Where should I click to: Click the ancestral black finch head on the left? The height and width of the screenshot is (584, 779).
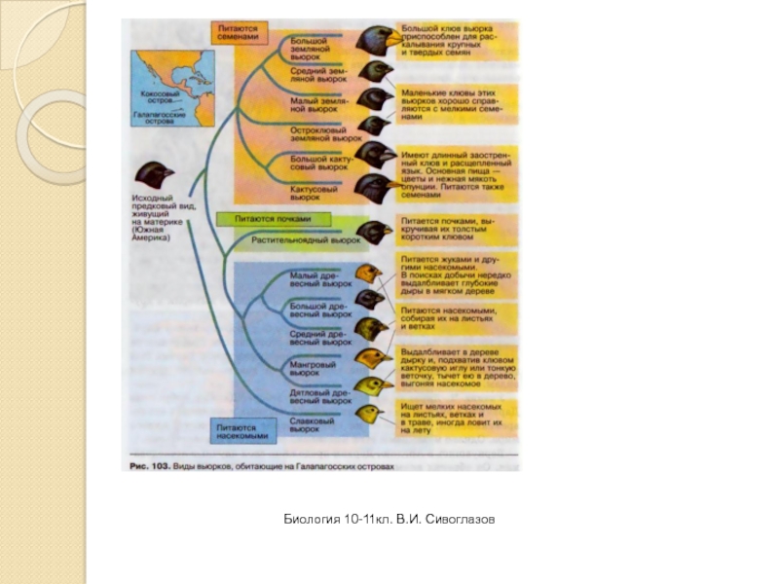[x=154, y=175]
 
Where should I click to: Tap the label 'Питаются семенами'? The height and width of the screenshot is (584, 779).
[x=238, y=33]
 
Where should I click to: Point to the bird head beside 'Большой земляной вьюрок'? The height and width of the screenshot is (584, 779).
[x=375, y=40]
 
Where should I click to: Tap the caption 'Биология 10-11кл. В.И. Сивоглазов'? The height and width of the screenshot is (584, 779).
[x=389, y=521]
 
